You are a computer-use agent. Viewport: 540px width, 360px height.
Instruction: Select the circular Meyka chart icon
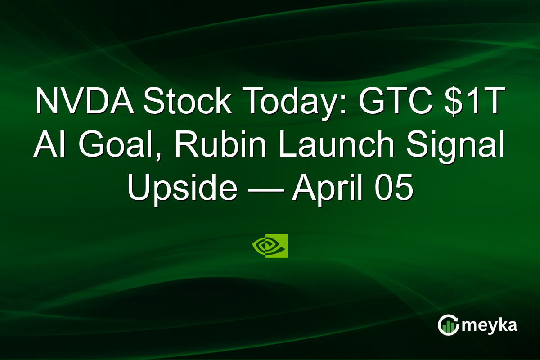pos(448,325)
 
